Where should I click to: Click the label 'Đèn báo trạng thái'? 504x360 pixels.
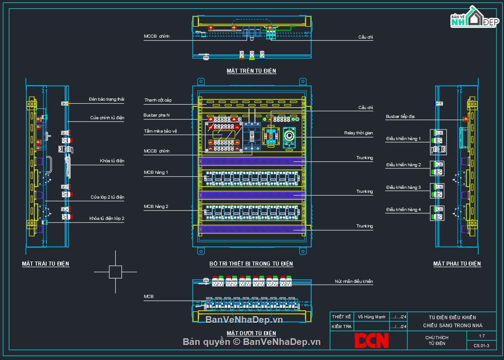[x=106, y=100]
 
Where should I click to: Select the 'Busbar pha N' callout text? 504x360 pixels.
[x=156, y=115]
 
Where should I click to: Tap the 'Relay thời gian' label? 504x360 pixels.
[x=358, y=133]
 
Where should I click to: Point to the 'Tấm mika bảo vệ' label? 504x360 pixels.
[x=160, y=131]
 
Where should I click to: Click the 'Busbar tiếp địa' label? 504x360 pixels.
[x=400, y=117]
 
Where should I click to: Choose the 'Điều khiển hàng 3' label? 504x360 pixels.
[x=403, y=188]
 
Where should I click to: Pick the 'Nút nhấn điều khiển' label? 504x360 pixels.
[x=354, y=282]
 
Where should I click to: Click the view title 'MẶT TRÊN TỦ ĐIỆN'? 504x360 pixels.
[x=251, y=71]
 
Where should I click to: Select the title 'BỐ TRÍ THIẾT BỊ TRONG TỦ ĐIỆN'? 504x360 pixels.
[x=251, y=264]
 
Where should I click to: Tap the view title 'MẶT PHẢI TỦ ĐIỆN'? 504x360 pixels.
[x=457, y=264]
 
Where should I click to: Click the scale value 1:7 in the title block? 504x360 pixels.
[x=482, y=337]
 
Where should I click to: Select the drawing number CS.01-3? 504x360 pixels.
[x=482, y=345]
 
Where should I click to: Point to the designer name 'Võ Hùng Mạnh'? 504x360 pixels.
[x=371, y=317]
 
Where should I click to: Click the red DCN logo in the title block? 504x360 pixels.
[x=371, y=340]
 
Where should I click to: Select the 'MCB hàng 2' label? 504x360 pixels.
[x=156, y=207]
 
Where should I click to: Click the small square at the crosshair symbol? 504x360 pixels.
[x=115, y=272]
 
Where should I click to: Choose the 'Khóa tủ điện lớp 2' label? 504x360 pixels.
[x=106, y=219]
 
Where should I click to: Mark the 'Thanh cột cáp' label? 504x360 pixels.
[x=158, y=101]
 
